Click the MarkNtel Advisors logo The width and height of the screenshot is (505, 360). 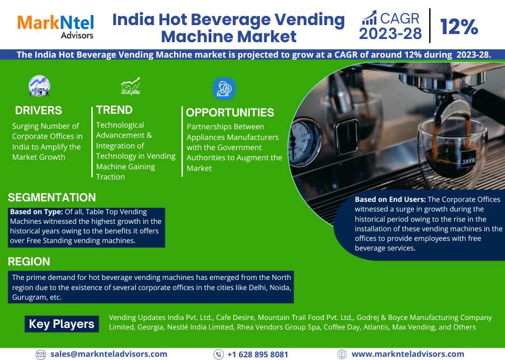pos(55,27)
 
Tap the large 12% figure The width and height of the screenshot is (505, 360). pos(459,26)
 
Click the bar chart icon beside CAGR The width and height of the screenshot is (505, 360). pos(369,18)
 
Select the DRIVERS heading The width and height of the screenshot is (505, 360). pos(38,111)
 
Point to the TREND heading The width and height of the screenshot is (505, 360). pos(114,110)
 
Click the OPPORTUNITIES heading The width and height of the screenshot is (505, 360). pos(230,113)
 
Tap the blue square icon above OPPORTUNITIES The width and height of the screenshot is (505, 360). pos(224,89)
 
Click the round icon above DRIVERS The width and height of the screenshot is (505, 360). pos(40,86)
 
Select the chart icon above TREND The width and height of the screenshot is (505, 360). pos(130,86)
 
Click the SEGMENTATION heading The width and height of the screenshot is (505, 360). pos(52,197)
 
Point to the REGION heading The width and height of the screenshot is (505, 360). pos(29,261)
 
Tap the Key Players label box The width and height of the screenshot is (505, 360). pos(61,324)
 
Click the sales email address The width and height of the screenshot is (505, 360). pos(108,354)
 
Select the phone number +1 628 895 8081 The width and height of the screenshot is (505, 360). pos(258,355)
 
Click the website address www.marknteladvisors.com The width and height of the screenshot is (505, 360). pos(408,354)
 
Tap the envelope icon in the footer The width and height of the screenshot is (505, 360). pos(41,355)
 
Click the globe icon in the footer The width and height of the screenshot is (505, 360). pos(342,354)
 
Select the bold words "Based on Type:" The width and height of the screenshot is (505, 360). pos(36,212)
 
